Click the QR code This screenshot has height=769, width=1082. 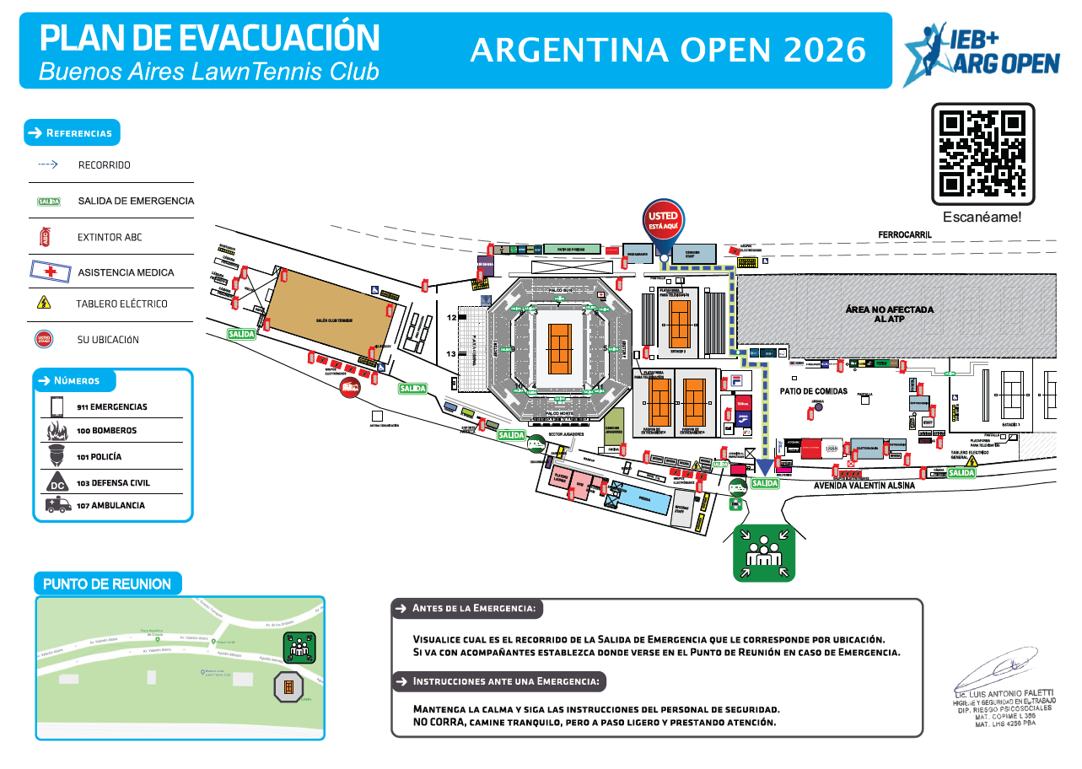coord(982,153)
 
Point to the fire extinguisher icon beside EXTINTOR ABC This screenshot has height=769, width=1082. coord(46,237)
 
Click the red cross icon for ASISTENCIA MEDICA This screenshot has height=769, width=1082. coord(51,272)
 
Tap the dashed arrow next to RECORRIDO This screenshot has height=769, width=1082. coord(47,165)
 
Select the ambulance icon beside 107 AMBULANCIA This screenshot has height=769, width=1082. coord(57,505)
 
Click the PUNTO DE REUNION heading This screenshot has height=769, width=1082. coord(107,583)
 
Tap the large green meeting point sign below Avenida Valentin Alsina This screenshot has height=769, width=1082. coord(764,552)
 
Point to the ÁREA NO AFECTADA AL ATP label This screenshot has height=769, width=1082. coord(890,315)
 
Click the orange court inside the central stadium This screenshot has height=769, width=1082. coord(560,348)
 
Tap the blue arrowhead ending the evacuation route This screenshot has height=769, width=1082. coord(765,466)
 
